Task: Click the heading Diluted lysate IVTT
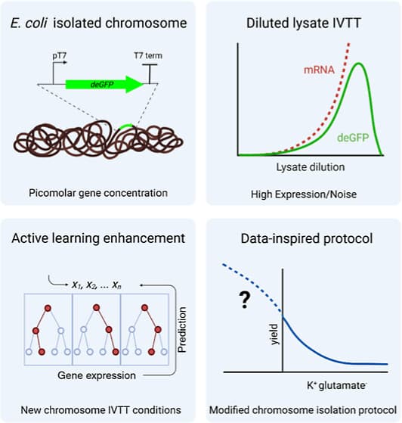(x=301, y=23)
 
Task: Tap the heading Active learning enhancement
(x=98, y=238)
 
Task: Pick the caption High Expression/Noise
(x=302, y=194)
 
